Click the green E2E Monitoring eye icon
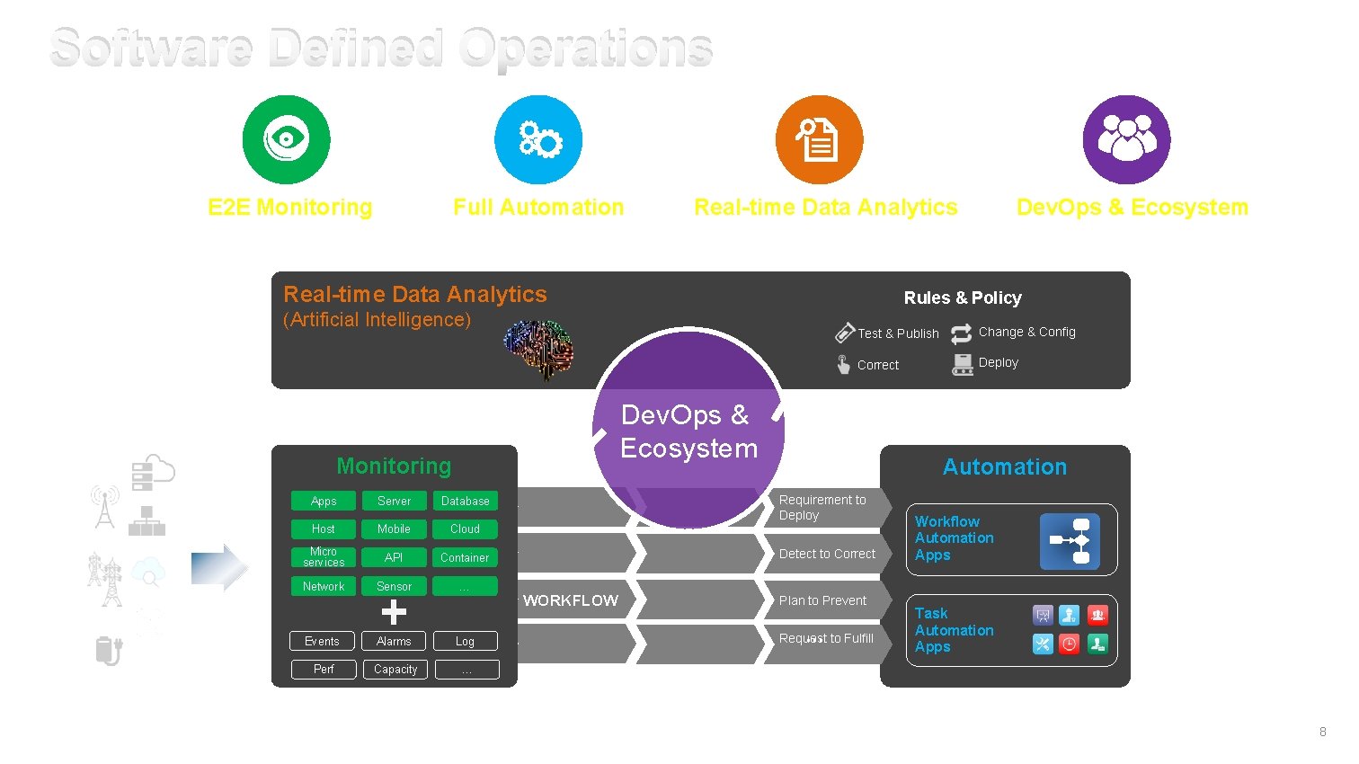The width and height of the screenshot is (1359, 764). (286, 139)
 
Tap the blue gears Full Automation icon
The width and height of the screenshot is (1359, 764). (538, 139)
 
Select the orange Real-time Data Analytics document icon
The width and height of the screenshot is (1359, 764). (819, 139)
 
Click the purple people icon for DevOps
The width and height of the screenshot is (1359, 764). (1126, 139)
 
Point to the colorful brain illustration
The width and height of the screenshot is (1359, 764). (538, 349)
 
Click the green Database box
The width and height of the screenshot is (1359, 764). (465, 501)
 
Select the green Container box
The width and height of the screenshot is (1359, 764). (465, 557)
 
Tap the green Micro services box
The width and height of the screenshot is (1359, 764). (324, 557)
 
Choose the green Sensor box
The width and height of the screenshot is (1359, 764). (394, 586)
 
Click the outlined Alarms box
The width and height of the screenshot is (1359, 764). (394, 641)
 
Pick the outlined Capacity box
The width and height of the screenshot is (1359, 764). (395, 670)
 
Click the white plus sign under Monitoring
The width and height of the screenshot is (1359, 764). (394, 612)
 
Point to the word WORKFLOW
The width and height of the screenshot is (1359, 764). (571, 600)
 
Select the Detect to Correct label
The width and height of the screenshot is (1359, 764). (827, 554)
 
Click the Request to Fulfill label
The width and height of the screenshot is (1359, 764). (826, 638)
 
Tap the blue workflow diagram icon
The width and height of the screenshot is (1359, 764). (1070, 541)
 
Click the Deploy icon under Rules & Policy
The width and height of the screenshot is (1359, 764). (963, 364)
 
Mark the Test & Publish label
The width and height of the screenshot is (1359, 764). (898, 333)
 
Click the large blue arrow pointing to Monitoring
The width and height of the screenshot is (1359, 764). (219, 567)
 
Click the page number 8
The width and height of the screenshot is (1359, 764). (1322, 732)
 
